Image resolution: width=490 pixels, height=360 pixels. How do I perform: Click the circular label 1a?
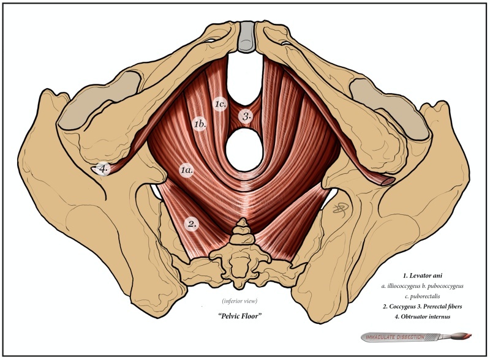coord(187,170)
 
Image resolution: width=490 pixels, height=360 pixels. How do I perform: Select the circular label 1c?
coord(221,104)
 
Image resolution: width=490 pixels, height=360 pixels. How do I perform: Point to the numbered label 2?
coord(192,224)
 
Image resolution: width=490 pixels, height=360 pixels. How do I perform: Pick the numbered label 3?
coord(246,115)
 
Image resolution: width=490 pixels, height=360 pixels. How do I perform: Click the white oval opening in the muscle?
coord(245,148)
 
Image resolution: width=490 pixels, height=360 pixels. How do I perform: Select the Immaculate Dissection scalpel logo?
coord(417,336)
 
